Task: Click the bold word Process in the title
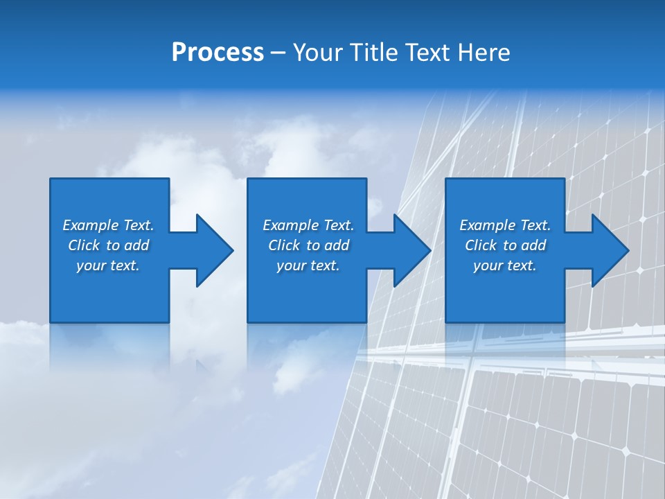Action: pyautogui.click(x=218, y=53)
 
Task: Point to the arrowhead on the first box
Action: pyautogui.click(x=212, y=250)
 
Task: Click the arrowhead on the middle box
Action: pyautogui.click(x=410, y=250)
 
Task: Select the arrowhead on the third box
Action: pyautogui.click(x=608, y=250)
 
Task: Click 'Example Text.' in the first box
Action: pyautogui.click(x=108, y=225)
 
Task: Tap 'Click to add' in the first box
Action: pyautogui.click(x=108, y=245)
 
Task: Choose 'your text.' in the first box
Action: pyautogui.click(x=108, y=265)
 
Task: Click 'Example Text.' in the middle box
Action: pyautogui.click(x=308, y=225)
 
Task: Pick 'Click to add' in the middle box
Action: pyautogui.click(x=308, y=245)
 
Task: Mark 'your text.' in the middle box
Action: pyautogui.click(x=308, y=265)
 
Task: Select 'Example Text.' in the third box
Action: pyautogui.click(x=505, y=225)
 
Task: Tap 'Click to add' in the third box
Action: pyautogui.click(x=505, y=245)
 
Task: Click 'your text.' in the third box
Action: pyautogui.click(x=505, y=265)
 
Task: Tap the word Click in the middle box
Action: pyautogui.click(x=284, y=245)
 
